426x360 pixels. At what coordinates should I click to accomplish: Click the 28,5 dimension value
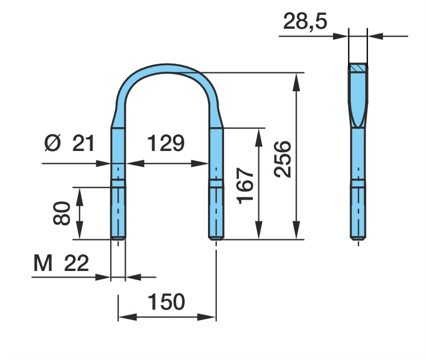click(305, 21)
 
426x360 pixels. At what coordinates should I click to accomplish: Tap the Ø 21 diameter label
click(69, 143)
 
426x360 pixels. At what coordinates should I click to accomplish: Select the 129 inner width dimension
click(166, 143)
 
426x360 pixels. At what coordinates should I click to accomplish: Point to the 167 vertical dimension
click(245, 186)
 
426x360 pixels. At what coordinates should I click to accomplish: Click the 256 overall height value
click(283, 159)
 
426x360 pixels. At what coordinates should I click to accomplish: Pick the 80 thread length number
click(61, 213)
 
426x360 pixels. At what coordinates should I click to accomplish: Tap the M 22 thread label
click(61, 263)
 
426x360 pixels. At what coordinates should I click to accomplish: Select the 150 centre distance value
click(167, 301)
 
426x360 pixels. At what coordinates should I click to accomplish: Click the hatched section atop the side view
click(359, 67)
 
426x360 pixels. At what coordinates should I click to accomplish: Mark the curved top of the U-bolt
click(167, 68)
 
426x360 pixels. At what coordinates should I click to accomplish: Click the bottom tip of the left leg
click(118, 239)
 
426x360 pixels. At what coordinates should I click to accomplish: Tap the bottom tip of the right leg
click(216, 239)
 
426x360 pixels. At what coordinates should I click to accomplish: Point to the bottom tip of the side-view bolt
click(358, 239)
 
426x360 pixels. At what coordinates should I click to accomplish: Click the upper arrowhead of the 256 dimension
click(297, 81)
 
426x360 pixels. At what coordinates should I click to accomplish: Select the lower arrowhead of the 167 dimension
click(259, 231)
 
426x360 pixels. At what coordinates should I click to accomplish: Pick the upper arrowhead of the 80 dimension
click(79, 196)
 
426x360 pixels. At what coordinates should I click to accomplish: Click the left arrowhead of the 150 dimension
click(128, 317)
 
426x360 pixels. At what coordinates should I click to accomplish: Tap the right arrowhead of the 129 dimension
click(200, 164)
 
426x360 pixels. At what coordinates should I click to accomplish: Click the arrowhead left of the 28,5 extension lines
click(340, 36)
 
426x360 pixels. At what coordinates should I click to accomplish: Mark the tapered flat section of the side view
click(359, 99)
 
